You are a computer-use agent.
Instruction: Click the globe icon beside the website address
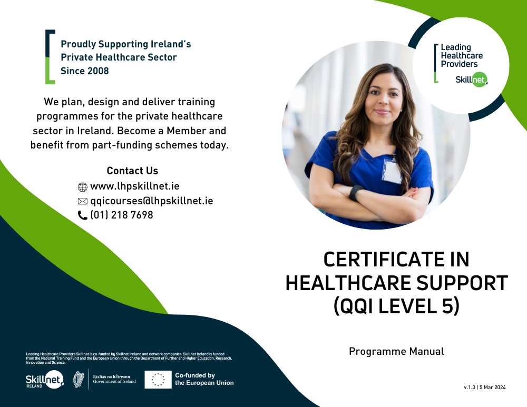(82, 187)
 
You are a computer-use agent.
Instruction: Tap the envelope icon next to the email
(82, 201)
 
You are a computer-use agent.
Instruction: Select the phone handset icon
(82, 215)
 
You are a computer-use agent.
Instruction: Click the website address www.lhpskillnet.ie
(135, 186)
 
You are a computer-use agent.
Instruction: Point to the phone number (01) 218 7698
(122, 215)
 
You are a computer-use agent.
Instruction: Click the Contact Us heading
(132, 171)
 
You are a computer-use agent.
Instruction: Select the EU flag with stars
(158, 380)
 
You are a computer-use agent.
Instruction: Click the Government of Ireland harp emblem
(79, 380)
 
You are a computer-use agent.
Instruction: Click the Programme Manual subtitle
(396, 351)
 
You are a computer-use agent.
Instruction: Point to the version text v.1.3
(470, 387)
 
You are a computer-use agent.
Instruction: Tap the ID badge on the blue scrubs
(392, 172)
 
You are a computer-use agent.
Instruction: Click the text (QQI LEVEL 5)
(396, 306)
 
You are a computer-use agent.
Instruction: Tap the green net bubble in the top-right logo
(479, 80)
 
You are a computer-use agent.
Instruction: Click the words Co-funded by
(195, 375)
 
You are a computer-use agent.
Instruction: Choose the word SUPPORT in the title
(457, 283)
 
